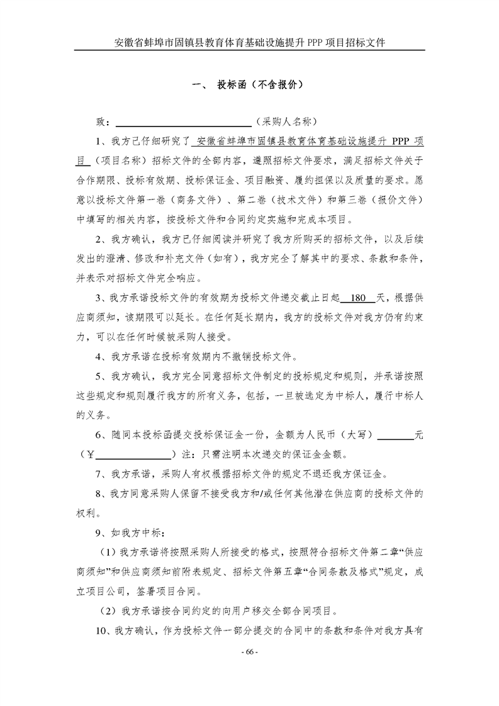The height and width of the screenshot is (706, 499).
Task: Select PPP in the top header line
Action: (313, 43)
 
